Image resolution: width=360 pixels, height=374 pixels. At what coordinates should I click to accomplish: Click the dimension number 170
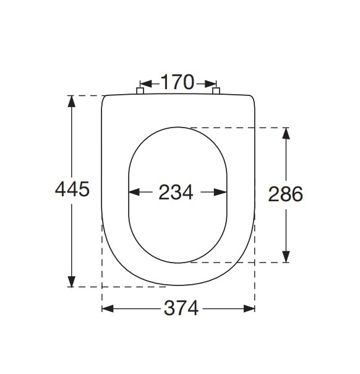(178, 82)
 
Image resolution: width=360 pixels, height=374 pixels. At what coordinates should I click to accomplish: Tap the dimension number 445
(72, 189)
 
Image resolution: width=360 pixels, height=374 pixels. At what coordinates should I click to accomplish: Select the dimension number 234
(176, 192)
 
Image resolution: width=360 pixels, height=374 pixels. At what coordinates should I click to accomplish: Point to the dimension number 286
(285, 194)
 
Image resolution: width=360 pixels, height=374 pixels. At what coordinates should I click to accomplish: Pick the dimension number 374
(181, 308)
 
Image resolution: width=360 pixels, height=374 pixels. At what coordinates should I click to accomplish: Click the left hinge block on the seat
(140, 91)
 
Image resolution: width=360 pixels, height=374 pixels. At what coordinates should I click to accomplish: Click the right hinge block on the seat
(216, 91)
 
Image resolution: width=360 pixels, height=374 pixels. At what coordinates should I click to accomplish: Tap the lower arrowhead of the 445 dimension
(72, 282)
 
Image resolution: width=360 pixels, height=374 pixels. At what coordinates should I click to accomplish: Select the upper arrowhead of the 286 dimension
(286, 134)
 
